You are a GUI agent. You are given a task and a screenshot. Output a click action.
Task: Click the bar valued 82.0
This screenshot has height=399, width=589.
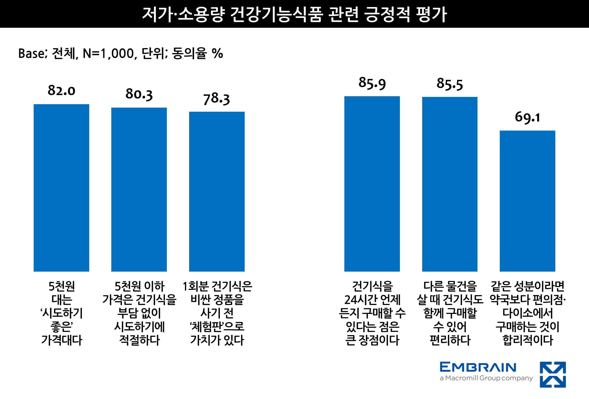click(61, 187)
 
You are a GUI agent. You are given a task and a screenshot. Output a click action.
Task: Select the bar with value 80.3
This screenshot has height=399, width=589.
click(139, 189)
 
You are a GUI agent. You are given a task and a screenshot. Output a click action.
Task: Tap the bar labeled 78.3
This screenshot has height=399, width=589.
click(217, 191)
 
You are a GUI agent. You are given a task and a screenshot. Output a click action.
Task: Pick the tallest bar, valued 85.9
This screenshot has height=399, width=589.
click(372, 184)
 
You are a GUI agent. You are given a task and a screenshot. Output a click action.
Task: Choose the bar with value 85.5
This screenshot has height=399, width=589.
click(450, 184)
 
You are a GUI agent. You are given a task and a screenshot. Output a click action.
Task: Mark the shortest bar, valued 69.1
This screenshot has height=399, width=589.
click(527, 201)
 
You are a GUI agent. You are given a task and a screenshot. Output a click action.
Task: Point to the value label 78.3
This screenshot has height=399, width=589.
click(216, 98)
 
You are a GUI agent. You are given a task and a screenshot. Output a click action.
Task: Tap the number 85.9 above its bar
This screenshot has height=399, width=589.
click(372, 83)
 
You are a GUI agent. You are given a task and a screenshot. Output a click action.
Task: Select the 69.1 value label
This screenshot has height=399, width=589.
click(527, 117)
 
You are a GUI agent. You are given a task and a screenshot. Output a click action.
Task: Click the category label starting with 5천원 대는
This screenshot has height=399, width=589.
click(62, 313)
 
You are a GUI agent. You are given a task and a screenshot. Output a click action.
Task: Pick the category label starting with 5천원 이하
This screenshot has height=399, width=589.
click(139, 313)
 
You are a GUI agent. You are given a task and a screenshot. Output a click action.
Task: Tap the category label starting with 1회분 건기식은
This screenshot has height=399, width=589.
click(217, 313)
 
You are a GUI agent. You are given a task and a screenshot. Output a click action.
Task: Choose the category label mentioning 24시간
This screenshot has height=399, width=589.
click(372, 313)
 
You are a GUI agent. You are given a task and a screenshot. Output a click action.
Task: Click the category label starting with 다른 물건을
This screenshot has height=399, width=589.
click(450, 313)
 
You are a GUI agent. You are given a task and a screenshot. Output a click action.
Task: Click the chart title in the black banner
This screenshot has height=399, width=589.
click(294, 14)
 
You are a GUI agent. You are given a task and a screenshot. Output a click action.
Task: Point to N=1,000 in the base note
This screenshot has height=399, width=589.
click(109, 54)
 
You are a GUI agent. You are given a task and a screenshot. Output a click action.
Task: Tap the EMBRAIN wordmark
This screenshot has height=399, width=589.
click(478, 367)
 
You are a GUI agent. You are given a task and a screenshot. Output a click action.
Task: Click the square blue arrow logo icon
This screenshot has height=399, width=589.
click(553, 374)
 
